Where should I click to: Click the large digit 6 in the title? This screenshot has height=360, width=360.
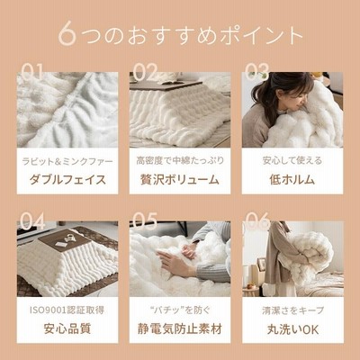pyautogui.click(x=67, y=33)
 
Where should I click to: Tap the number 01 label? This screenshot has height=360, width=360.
pyautogui.click(x=31, y=72)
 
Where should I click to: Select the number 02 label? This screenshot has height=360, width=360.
pyautogui.click(x=145, y=72)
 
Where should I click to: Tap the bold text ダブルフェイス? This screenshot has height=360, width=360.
pyautogui.click(x=67, y=180)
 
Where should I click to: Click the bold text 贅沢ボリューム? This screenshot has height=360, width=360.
pyautogui.click(x=180, y=180)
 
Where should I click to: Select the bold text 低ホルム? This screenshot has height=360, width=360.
pyautogui.click(x=292, y=180)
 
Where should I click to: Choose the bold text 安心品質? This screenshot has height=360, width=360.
pyautogui.click(x=67, y=328)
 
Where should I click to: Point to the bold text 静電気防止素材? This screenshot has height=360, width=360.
pyautogui.click(x=180, y=328)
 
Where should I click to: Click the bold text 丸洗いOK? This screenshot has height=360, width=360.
pyautogui.click(x=292, y=329)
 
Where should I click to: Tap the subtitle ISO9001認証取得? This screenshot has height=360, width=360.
pyautogui.click(x=67, y=310)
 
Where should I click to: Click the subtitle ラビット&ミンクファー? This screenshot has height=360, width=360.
pyautogui.click(x=67, y=162)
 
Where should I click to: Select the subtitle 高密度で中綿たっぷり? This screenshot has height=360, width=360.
pyautogui.click(x=180, y=161)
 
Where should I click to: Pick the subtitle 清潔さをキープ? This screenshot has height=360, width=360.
pyautogui.click(x=292, y=310)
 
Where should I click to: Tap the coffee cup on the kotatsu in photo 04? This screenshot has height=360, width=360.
pyautogui.click(x=70, y=237)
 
